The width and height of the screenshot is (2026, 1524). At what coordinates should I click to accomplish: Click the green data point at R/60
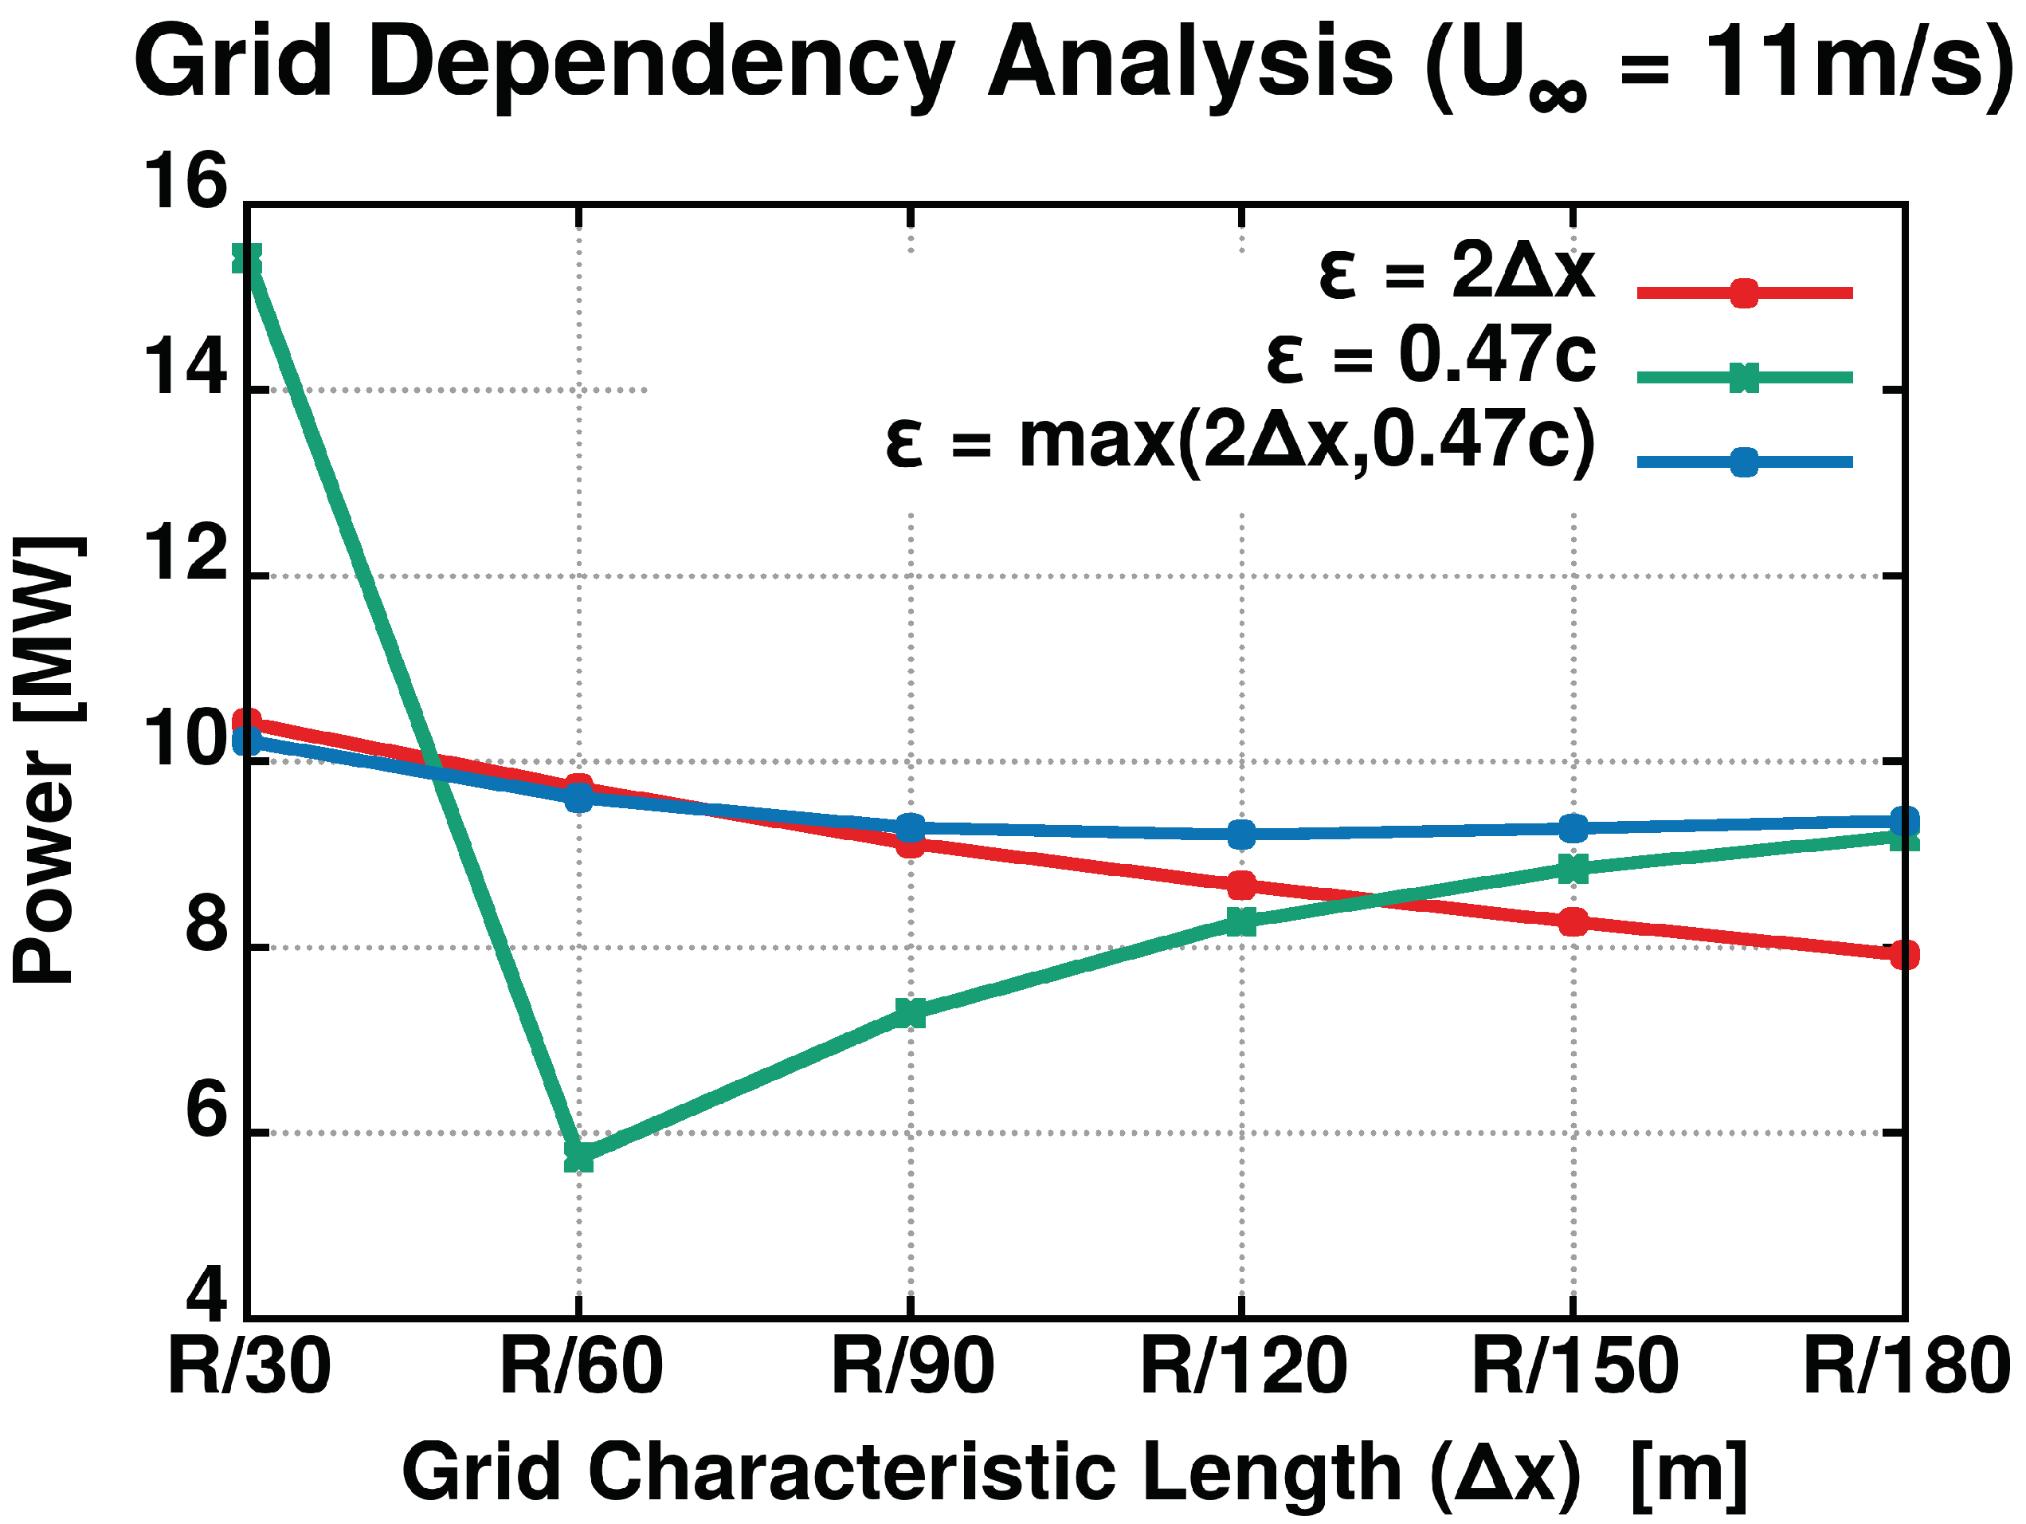click(x=579, y=1157)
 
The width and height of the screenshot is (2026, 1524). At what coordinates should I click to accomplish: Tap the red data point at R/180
click(x=1904, y=955)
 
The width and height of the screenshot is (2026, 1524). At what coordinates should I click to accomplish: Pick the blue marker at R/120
click(x=1241, y=835)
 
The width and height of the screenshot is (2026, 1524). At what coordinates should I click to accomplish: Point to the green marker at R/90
click(x=911, y=1012)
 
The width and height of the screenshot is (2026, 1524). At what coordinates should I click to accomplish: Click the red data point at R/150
click(x=1573, y=922)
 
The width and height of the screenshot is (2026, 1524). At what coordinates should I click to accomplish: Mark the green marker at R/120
click(x=1241, y=921)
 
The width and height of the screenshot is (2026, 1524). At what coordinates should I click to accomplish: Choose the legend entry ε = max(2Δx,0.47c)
click(x=1240, y=442)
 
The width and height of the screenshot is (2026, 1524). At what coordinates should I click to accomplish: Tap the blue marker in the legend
click(x=1744, y=462)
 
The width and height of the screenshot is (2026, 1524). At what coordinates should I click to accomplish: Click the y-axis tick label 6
click(x=206, y=1112)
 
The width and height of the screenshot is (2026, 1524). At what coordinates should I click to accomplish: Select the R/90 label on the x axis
click(x=911, y=1366)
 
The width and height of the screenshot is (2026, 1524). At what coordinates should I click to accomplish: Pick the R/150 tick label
click(x=1574, y=1366)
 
